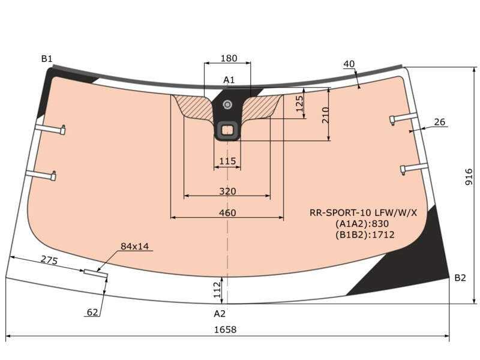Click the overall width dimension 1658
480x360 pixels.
225,329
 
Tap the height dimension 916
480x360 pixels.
469,177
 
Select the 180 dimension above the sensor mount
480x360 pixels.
229,58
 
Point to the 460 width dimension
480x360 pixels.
227,213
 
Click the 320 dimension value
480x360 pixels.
227,191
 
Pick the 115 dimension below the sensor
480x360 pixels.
227,161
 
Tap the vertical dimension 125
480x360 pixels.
299,104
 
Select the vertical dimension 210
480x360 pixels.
326,115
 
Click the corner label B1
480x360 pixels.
47,59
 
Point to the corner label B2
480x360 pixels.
460,278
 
